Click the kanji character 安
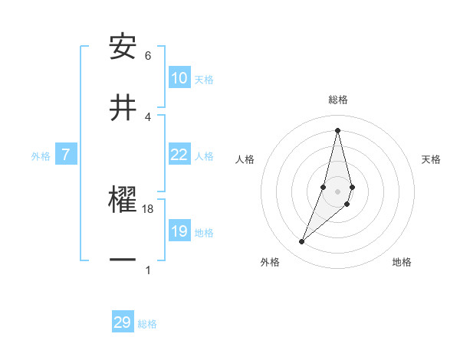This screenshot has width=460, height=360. coord(123,47)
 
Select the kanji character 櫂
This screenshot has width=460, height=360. coord(123,201)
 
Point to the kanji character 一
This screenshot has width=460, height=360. coord(123,260)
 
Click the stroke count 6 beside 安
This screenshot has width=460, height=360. coord(148,56)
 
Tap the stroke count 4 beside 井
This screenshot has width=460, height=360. coord(148,116)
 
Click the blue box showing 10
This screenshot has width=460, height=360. coord(179,78)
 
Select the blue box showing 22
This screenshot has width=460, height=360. coord(179,155)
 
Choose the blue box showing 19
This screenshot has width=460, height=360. coord(179,231)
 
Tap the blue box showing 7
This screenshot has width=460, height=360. coord(66,155)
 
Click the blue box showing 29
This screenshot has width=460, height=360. coord(123,322)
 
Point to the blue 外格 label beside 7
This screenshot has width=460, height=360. coord(41,156)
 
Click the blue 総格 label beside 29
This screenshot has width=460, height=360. coord(147,324)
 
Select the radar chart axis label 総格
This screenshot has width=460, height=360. coord(337,100)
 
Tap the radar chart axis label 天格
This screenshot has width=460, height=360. coord(431,159)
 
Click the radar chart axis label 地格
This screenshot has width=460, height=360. coord(402,262)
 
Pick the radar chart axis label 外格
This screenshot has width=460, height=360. coord(270,262)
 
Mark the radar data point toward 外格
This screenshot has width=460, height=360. coord(301,242)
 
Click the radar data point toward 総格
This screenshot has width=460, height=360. coord(337,130)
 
